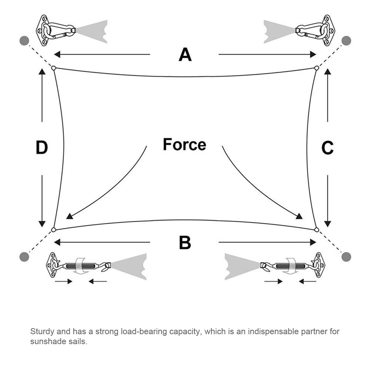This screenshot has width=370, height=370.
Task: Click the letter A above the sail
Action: coord(185,55)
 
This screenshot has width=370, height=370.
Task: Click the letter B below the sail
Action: coord(185,242)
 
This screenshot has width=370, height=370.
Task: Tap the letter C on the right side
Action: coord(327,148)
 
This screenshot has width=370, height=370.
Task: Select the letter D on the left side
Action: coord(42,147)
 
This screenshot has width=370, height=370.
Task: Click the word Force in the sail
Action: coord(184,144)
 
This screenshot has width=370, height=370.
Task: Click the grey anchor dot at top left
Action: coord(24,40)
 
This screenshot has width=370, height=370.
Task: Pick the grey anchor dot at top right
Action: coord(347,40)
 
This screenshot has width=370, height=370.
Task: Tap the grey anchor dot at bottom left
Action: coord(24,256)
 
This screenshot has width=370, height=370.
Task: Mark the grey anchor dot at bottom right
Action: coord(347,256)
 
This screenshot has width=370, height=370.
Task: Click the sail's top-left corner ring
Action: coord(54,68)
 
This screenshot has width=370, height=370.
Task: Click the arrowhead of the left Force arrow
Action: coord(70,216)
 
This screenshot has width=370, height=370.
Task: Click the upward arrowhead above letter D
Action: coord(42,72)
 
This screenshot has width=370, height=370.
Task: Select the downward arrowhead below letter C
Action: coord(328,224)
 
